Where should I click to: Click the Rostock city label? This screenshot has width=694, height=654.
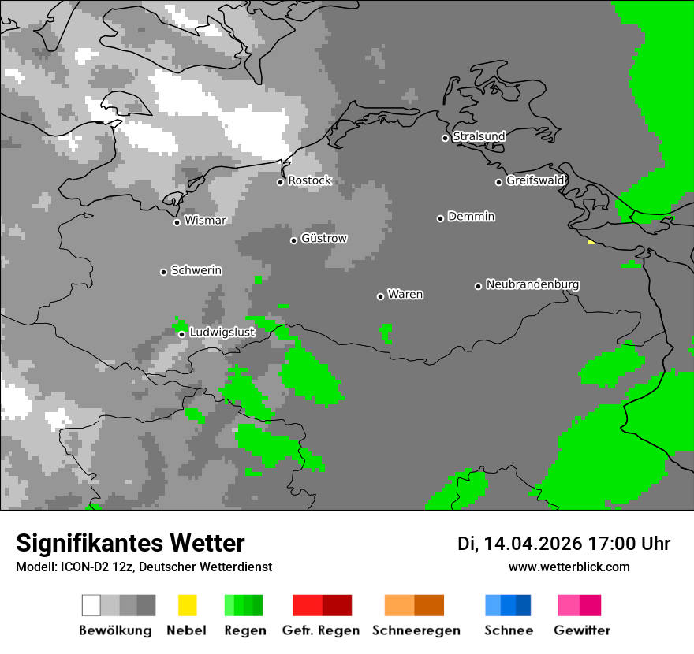coord(309,180)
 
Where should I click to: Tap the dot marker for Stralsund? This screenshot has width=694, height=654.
coord(445,138)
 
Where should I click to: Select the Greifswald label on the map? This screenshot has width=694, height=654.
coord(535,180)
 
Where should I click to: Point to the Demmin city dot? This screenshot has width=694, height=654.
coord(440,218)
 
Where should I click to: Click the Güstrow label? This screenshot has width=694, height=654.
coord(323,239)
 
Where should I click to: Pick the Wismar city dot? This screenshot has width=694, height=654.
coord(177,222)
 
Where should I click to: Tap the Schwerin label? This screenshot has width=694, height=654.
coord(196,270)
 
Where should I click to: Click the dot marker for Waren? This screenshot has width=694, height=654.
coord(380,296)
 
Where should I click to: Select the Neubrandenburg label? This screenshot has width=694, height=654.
coord(532,284)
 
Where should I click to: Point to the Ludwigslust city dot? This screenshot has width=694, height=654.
coord(181,334)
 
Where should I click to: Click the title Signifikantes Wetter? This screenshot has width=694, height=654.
coord(130,544)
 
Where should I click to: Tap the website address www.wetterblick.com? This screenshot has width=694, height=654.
coord(569,567)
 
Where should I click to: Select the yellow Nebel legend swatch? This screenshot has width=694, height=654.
coord(188,605)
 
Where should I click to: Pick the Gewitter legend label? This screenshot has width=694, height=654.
coord(582,630)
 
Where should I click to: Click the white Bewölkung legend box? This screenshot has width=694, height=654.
coord(91,605)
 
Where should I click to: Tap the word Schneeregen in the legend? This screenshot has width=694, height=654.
coord(416,630)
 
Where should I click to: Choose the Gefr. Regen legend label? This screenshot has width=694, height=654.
coord(320,630)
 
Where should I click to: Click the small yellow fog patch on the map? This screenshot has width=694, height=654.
coord(591,243)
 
